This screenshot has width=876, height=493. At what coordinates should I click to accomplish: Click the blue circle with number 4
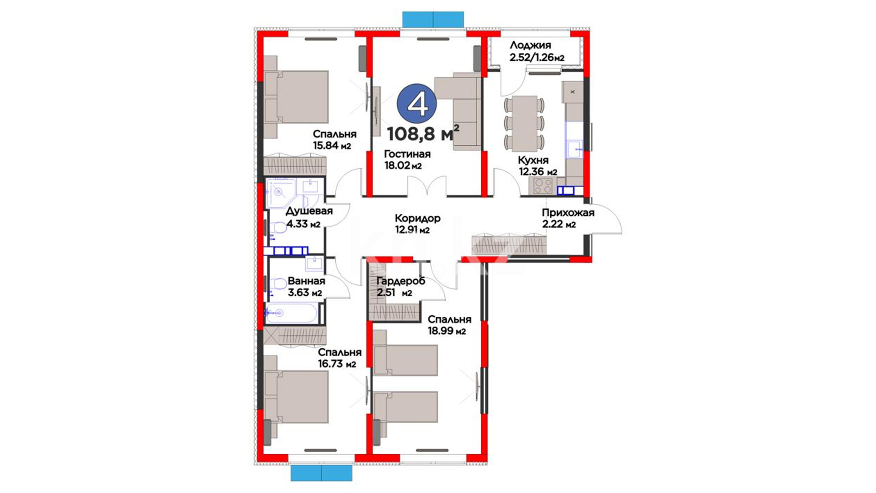coord(417,104)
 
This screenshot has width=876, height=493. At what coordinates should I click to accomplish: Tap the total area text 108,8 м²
coord(423,133)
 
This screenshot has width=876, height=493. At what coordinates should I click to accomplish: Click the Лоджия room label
coord(530,45)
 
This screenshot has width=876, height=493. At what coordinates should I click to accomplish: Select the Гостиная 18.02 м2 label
coord(407,160)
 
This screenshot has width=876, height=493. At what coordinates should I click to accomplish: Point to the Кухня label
coord(533,160)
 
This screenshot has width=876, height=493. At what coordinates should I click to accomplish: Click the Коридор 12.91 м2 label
coord(417,224)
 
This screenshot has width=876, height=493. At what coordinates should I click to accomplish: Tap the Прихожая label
coord(568,213)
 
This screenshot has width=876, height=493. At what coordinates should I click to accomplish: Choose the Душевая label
coord(309,211)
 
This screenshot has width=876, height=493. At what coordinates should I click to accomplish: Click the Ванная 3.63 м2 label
coord(306,287)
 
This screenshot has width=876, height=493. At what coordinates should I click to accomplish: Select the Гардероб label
coord(401,281)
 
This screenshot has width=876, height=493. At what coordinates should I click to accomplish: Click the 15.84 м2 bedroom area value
coord(332,146)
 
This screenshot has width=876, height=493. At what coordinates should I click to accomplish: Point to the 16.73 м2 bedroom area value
coord(337,364)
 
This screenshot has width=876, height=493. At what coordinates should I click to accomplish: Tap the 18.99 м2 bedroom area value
coord(447,331)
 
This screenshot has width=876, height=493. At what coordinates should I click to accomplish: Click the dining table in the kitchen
coord(524,123)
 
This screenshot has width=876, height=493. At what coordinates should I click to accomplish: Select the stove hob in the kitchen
coord(543,186)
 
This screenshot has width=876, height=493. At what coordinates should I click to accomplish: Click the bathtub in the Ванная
coord(291,314)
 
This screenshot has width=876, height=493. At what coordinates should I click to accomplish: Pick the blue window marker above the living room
coord(433,20)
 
